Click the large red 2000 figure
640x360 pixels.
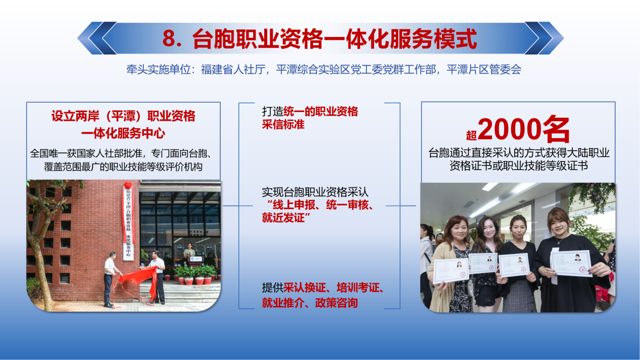tap(509, 129)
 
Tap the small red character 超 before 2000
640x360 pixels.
tap(471, 135)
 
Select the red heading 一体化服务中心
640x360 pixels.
tap(123, 133)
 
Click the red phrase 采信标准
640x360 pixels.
tap(283, 125)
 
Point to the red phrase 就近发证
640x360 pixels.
tap(283, 218)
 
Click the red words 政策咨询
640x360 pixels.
tap(336, 302)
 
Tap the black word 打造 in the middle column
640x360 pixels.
tap(273, 112)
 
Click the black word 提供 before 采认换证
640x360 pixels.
tap(273, 287)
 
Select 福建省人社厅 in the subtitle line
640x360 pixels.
tap(233, 69)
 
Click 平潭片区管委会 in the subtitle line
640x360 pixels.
tap(484, 69)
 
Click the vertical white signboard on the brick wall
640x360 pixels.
tap(128, 222)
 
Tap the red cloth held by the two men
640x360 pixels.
tap(138, 277)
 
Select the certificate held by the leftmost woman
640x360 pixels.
tap(451, 270)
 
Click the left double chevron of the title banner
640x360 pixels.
tap(97, 38)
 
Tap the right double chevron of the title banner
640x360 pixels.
tap(544, 38)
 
